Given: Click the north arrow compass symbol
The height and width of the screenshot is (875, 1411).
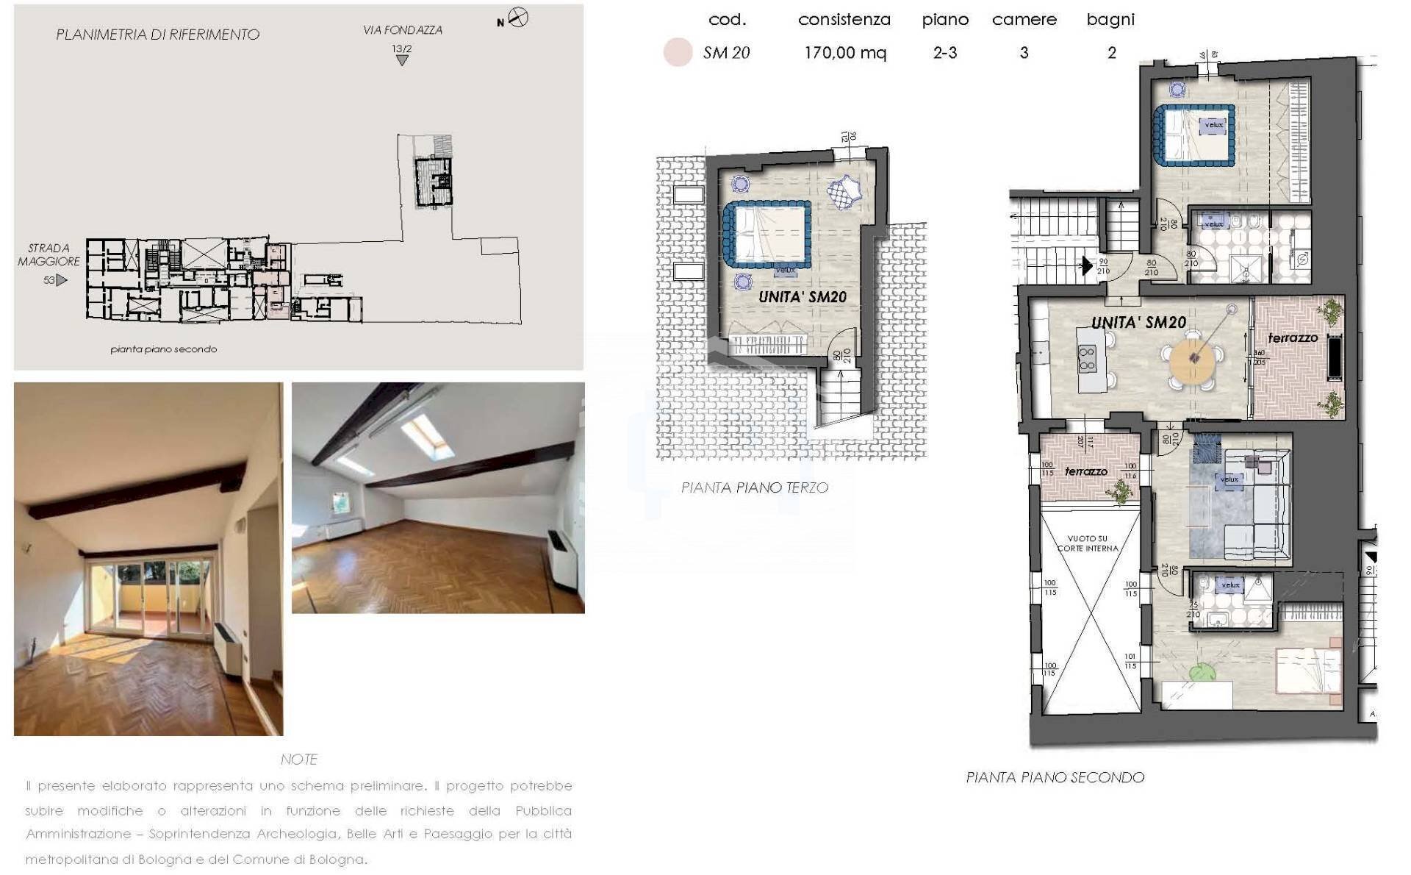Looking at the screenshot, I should tap(518, 18).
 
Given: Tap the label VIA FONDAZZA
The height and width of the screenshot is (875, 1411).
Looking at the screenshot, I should tap(402, 30).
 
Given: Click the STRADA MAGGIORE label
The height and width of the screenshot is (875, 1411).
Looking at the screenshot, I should tap(49, 254).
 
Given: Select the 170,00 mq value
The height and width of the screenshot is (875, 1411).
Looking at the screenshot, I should tap(845, 53).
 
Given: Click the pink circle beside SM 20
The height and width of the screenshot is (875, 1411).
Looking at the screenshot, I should tap(678, 53).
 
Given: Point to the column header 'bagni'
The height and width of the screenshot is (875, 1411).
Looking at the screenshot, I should tap(1110, 20).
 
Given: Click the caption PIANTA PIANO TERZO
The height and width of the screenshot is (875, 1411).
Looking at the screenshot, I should tap(754, 488).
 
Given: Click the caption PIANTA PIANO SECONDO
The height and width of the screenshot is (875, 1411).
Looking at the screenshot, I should tap(1055, 777).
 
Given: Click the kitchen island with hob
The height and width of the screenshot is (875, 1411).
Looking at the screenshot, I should tap(1088, 360).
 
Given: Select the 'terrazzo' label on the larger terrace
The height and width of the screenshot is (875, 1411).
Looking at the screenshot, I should tap(1293, 338).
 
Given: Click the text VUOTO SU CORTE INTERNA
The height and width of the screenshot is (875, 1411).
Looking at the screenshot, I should tap(1088, 543).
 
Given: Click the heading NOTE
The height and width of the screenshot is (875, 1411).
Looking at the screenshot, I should tap(298, 759).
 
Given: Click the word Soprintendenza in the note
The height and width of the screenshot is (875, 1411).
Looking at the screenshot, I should tap(193, 834).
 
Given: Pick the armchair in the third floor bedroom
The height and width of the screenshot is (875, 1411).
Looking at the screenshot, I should tap(843, 193).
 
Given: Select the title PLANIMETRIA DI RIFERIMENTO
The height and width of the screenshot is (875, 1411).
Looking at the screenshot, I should tap(157, 35).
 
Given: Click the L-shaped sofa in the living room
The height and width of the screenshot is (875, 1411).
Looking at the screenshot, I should tap(1257, 507).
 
